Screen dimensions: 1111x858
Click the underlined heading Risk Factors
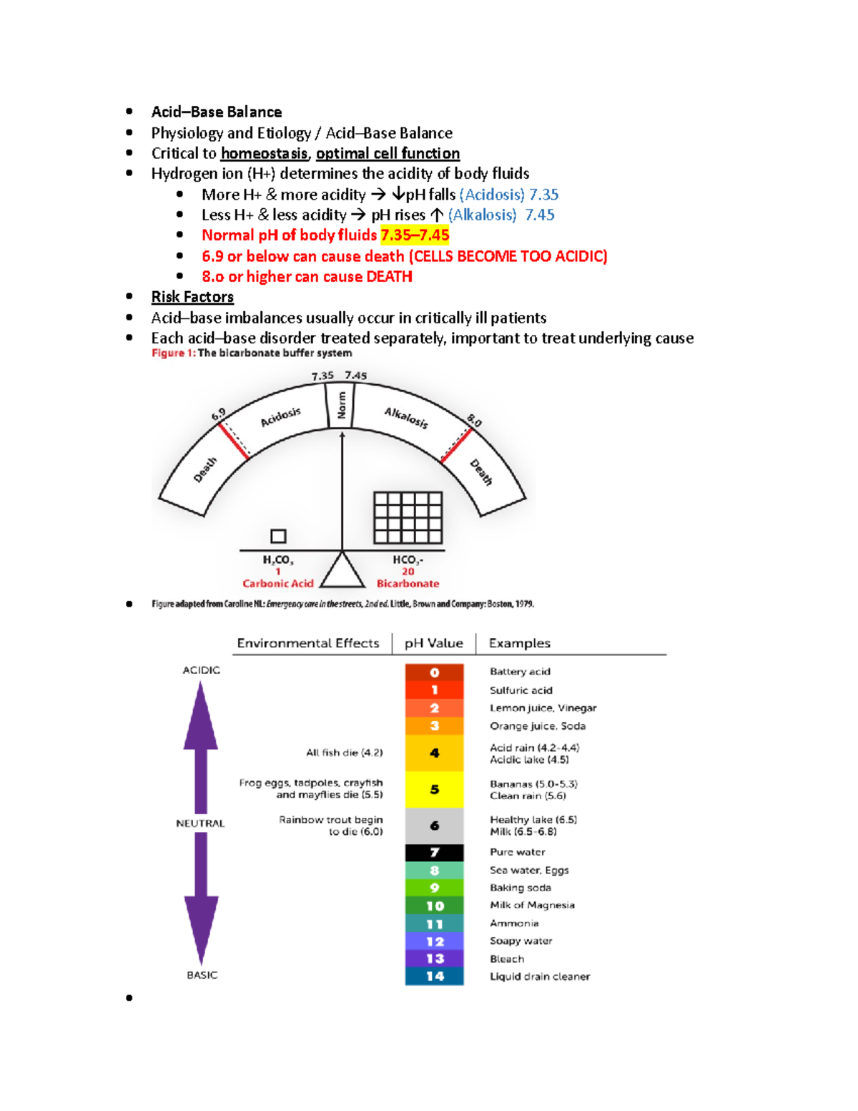[x=192, y=297]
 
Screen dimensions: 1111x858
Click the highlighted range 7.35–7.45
[x=415, y=235]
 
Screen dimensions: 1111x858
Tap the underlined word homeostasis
[x=264, y=154]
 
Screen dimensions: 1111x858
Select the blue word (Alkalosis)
[x=482, y=215]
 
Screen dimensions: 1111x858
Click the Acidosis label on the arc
[x=280, y=417]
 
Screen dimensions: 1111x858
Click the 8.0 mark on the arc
[x=474, y=421]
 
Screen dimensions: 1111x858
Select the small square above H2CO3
[x=278, y=536]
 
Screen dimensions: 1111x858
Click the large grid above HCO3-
[x=408, y=517]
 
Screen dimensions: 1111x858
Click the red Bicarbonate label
[x=408, y=584]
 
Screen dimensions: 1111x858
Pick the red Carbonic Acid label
[x=278, y=584]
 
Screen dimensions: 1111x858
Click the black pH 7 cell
[x=434, y=853]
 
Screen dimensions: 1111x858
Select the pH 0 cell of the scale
[x=434, y=672]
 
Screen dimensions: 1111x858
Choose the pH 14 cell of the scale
[x=434, y=977]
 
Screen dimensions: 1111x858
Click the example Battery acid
[x=520, y=672]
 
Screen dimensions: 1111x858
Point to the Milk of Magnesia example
[x=532, y=906]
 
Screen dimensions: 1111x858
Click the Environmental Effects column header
[x=308, y=643]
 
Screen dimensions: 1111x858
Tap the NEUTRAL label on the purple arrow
[x=200, y=823]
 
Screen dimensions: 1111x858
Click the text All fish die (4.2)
[x=344, y=753]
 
